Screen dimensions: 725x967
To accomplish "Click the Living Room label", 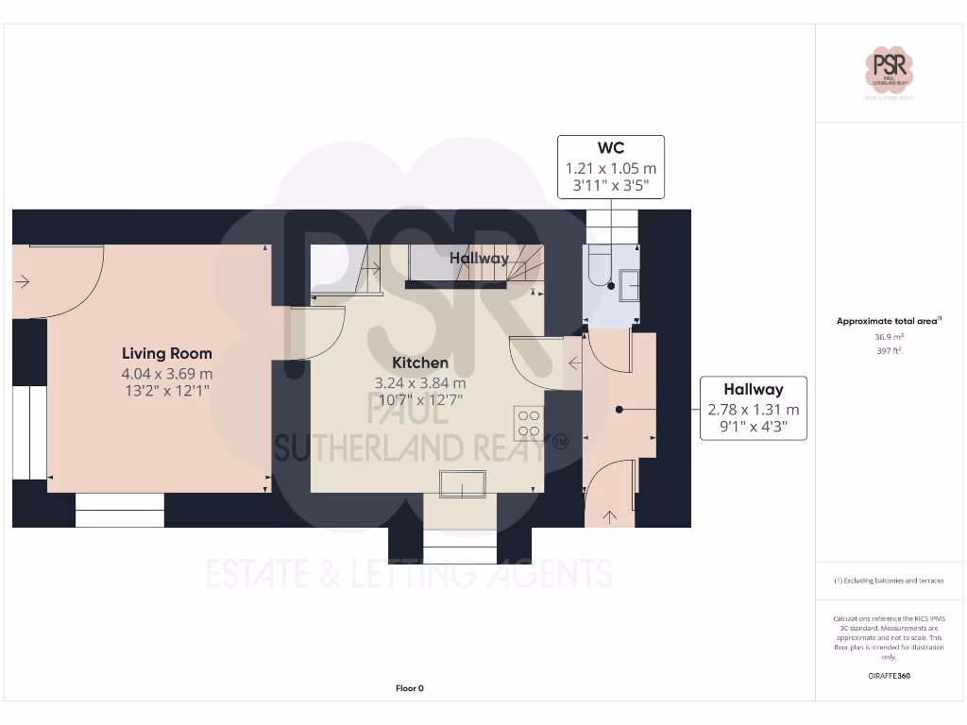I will pyautogui.click(x=166, y=354).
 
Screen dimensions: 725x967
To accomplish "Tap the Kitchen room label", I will pyautogui.click(x=420, y=362).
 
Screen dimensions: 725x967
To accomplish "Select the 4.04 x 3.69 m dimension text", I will pyautogui.click(x=166, y=374).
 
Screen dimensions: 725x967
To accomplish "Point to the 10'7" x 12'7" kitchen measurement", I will pyautogui.click(x=420, y=399).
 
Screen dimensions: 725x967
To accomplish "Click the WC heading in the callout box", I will pyautogui.click(x=610, y=148).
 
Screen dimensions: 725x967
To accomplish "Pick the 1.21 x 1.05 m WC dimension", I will pyautogui.click(x=610, y=168).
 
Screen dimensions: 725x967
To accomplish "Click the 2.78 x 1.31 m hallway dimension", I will pyautogui.click(x=753, y=410).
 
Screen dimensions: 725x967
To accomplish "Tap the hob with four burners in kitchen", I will pyautogui.click(x=528, y=422).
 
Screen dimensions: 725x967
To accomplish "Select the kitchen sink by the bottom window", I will pyautogui.click(x=461, y=484).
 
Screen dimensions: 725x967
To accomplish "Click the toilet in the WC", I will pyautogui.click(x=598, y=266).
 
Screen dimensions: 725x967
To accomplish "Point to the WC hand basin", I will pyautogui.click(x=629, y=284).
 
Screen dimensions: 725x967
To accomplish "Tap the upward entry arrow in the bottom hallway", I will pyautogui.click(x=609, y=515).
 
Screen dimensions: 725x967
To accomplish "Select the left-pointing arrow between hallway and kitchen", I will pyautogui.click(x=573, y=362).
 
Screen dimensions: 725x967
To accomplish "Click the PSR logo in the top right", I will pyautogui.click(x=890, y=71).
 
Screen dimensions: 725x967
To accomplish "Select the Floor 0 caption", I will pyautogui.click(x=409, y=688).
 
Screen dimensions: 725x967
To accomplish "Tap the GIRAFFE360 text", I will pyautogui.click(x=889, y=676).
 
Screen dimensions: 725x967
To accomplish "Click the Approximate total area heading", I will pyautogui.click(x=889, y=321).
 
